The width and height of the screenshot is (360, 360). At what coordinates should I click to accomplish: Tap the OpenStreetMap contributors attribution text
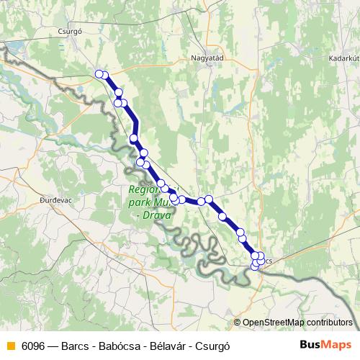click(x=297, y=322)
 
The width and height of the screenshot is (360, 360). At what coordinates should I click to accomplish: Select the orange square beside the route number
click(x=10, y=345)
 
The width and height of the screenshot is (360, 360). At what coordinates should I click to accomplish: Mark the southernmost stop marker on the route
click(x=253, y=268)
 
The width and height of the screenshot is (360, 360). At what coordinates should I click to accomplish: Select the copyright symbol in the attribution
click(x=237, y=322)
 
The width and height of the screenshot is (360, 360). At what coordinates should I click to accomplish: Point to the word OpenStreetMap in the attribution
click(x=273, y=322)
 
